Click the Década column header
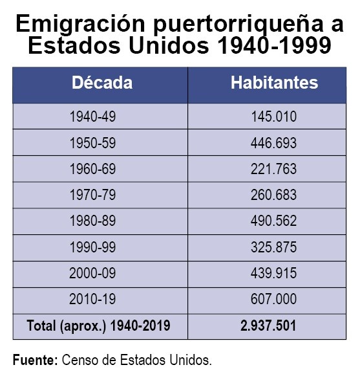(102, 83)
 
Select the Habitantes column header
(274, 83)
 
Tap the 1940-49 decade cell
(92, 116)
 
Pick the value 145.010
(274, 116)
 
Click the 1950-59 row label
(92, 143)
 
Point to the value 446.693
(274, 143)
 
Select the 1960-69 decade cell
(92, 169)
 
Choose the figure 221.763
(274, 169)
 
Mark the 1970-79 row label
(92, 195)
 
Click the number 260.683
(274, 195)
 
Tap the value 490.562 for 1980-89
(274, 221)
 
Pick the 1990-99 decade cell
(92, 247)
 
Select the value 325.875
(274, 247)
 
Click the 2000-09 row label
(92, 273)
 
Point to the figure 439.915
(274, 273)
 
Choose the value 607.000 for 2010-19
(274, 299)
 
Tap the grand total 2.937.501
(268, 326)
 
